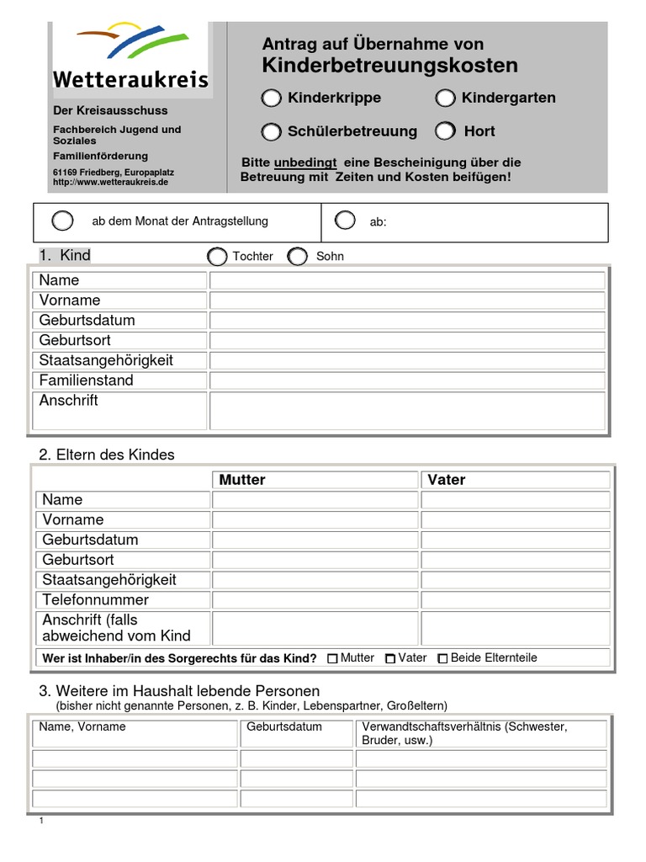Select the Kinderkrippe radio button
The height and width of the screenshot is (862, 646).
(271, 98)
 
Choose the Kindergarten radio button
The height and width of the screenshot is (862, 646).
(445, 98)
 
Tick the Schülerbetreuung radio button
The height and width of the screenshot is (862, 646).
(271, 131)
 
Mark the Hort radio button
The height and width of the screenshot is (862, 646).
(445, 131)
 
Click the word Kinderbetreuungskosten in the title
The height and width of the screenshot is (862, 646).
(390, 66)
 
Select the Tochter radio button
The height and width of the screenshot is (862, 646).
(217, 256)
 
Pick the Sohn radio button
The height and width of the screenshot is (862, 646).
(297, 256)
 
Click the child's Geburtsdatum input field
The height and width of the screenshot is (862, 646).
(407, 321)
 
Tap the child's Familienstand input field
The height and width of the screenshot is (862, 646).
(407, 380)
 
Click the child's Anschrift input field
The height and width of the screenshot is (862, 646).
(407, 410)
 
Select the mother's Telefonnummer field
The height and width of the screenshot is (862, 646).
(315, 600)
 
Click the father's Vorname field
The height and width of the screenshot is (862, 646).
(515, 519)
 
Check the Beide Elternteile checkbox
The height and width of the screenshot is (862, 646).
(442, 659)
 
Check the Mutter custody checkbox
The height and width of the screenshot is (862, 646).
(332, 659)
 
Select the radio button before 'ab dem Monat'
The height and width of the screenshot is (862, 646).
(62, 221)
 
